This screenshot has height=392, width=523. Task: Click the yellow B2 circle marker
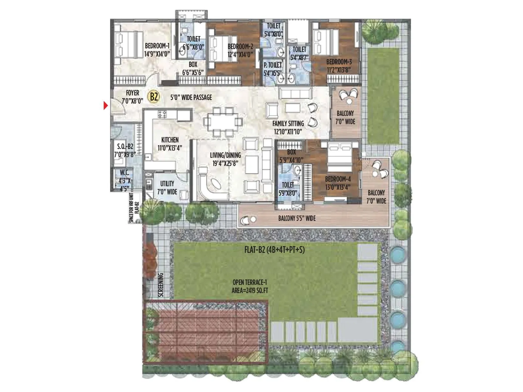click(x=154, y=97)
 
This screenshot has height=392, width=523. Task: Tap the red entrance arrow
click(x=105, y=106)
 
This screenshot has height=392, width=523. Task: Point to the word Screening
click(x=160, y=285)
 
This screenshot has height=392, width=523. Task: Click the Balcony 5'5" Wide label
click(x=297, y=218)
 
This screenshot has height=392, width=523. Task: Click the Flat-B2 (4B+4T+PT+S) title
click(x=275, y=250)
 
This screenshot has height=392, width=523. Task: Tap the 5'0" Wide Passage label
click(x=191, y=97)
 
